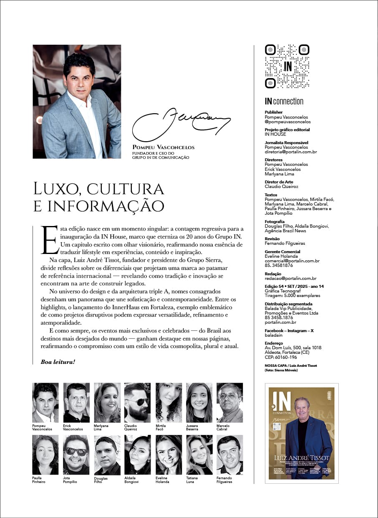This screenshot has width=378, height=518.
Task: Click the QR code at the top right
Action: click(x=287, y=66)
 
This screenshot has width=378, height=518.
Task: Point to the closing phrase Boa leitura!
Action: click(x=58, y=361)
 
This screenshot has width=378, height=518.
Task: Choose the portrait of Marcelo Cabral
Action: click(x=229, y=403)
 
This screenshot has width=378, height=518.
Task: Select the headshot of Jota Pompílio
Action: click(x=76, y=455)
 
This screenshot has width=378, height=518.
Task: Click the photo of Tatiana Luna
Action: click(x=199, y=455)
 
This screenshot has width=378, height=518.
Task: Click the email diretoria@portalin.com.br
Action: click(x=291, y=152)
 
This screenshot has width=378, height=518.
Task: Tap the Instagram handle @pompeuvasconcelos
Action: click(x=287, y=122)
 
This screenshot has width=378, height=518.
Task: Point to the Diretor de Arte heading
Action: click(x=279, y=182)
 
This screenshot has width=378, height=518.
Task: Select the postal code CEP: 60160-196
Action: click(x=281, y=357)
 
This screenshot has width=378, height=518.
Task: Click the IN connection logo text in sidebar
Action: click(x=284, y=101)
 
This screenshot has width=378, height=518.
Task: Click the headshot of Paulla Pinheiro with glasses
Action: click(x=45, y=455)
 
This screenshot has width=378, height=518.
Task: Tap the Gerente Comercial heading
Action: click(x=282, y=252)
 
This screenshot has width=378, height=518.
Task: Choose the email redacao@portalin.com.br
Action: click(x=290, y=278)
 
